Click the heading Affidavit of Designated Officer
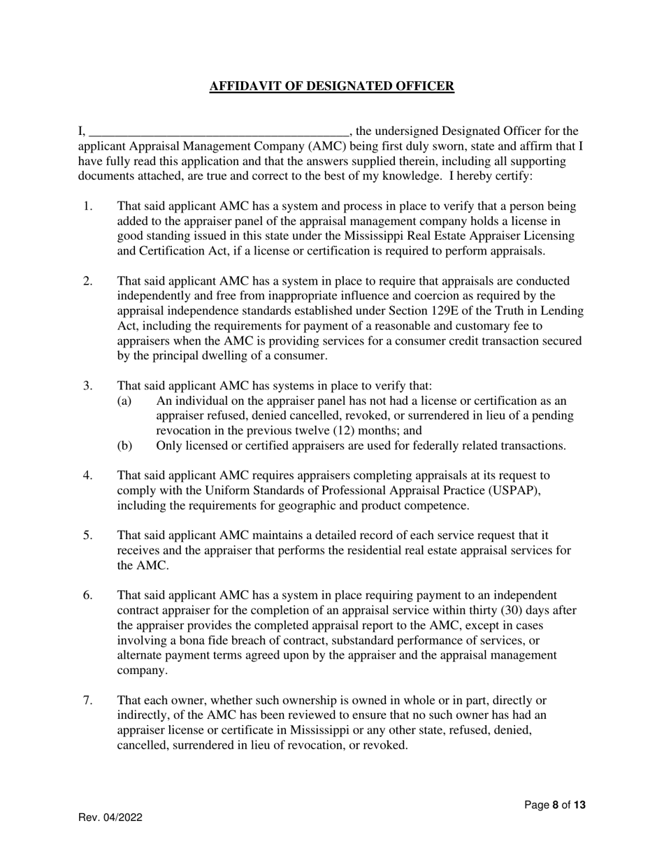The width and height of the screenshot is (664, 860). coord(332,87)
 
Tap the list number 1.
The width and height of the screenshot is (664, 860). coord(87,206)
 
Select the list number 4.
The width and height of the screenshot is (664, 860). coord(87,475)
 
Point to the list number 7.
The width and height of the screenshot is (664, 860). coord(87,700)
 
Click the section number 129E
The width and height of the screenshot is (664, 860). coord(446,311)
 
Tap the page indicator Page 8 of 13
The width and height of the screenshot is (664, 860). coord(555,805)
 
